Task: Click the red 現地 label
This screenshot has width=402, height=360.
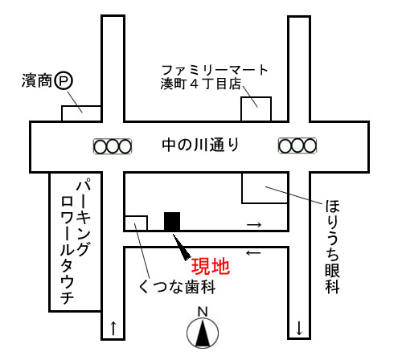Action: [211, 267]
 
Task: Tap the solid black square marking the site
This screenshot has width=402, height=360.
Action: [172, 221]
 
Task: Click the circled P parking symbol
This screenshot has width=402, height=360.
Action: [64, 81]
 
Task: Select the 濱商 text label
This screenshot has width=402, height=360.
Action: [37, 80]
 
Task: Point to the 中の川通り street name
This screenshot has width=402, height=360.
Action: [200, 145]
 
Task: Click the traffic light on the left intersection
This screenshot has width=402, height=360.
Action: [113, 146]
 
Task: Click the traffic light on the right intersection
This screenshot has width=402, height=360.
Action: [297, 145]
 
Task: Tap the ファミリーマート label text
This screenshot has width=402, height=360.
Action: [215, 70]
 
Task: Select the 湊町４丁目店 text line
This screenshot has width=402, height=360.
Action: [201, 84]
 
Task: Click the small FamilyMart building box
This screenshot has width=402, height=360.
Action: [256, 109]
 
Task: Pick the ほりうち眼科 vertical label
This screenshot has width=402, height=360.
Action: [333, 247]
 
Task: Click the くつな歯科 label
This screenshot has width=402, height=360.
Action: [177, 287]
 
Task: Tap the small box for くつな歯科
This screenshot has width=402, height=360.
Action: [136, 223]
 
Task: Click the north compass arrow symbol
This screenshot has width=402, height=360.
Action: [203, 333]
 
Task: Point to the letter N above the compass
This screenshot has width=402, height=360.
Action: [203, 312]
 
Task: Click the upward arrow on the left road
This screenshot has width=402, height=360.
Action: [113, 328]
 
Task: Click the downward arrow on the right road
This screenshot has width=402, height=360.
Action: [299, 328]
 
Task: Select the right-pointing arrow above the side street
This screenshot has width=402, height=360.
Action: [254, 224]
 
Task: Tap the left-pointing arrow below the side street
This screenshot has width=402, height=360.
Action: [253, 252]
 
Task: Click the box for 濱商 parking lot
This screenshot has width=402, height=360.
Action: [81, 114]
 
